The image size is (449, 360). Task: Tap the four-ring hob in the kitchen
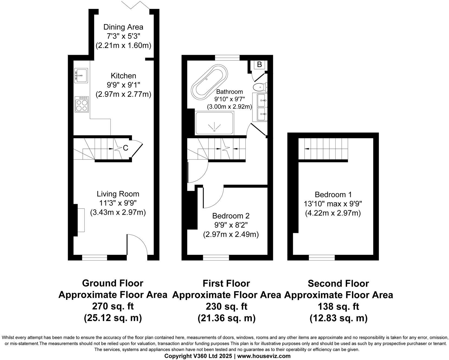coord(82,105)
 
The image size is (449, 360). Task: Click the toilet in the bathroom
coord(259,87)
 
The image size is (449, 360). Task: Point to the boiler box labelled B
coord(259,65)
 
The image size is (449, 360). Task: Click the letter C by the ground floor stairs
coord(126,148)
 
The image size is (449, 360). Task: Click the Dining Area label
coord(123,27)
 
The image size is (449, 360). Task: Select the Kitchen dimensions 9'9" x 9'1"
coord(123,85)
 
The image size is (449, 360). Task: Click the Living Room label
coord(118,194)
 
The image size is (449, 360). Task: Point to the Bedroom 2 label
coord(231,216)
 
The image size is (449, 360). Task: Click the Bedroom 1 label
coord(333,194)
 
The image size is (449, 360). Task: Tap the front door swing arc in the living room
coord(137,245)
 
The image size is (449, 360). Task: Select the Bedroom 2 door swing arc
coord(214,197)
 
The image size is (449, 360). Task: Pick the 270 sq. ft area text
coord(113,306)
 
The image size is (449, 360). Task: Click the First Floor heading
coord(226,283)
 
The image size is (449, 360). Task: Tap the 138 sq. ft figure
coord(338,306)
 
